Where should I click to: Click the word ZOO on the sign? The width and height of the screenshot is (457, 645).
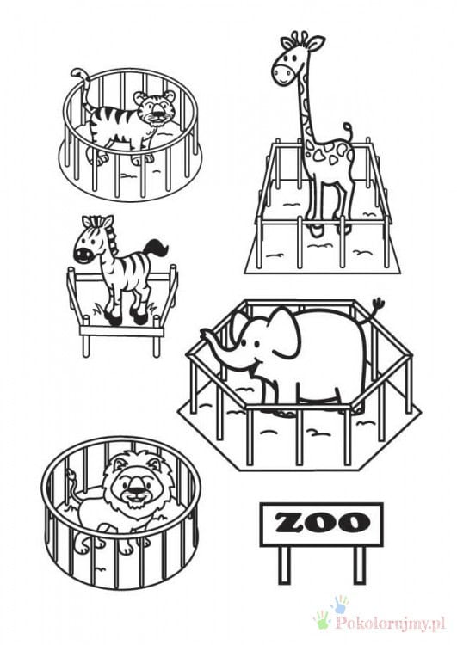[x=322, y=523]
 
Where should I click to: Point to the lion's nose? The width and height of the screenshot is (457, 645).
[x=135, y=489]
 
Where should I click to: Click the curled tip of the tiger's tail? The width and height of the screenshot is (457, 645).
[x=77, y=74]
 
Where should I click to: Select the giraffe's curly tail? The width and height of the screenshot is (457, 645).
[x=349, y=132]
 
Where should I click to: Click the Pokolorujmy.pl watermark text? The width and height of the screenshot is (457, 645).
[x=391, y=624]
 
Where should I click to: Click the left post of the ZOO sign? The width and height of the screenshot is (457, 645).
[x=284, y=564]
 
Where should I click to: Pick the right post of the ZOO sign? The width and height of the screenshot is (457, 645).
[x=360, y=564]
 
